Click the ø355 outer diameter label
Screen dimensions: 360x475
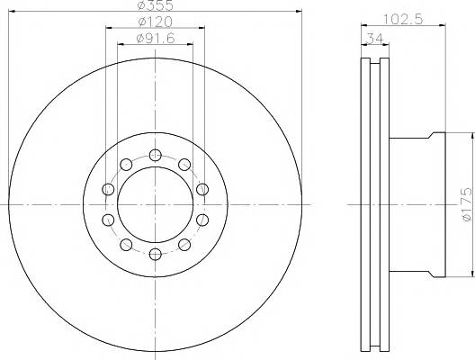click(156, 7)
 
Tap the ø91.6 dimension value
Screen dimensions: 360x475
click(156, 39)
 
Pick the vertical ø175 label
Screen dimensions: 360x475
click(466, 205)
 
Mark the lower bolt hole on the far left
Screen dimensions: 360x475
click(107, 220)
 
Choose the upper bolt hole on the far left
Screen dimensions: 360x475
click(107, 189)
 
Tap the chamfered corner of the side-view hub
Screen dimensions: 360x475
click(437, 136)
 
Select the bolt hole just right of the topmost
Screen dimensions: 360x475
click(184, 164)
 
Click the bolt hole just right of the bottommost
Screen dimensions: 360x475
click(184, 245)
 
